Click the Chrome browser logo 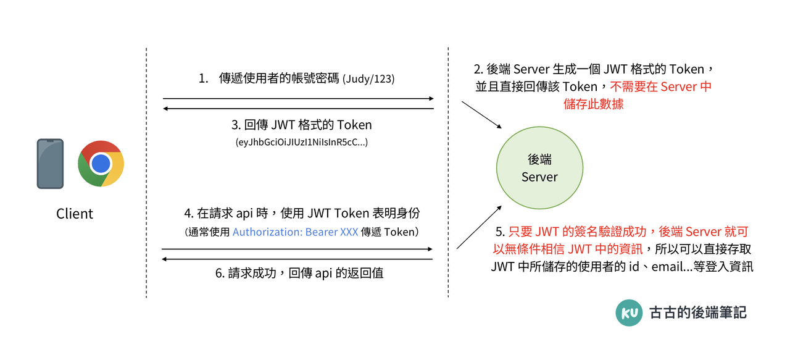click(101, 164)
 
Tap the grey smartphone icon click(50, 164)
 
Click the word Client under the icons click(75, 214)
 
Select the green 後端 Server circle click(539, 168)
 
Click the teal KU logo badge click(629, 313)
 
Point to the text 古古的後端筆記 click(698, 312)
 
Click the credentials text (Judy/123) click(368, 79)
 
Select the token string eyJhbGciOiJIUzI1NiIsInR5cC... click(302, 143)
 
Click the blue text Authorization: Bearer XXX click(295, 232)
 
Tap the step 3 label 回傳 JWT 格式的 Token click(302, 125)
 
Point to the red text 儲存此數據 click(594, 104)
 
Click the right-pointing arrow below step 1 click(298, 98)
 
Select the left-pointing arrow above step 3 click(298, 109)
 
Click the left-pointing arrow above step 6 click(297, 259)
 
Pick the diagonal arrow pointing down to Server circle click(481, 115)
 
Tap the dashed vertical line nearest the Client click(146, 173)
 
